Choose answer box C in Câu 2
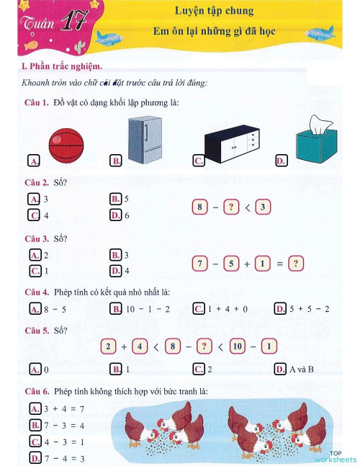click(x=34, y=215)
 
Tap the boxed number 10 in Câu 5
click(x=237, y=346)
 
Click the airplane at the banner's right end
click(x=318, y=33)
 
